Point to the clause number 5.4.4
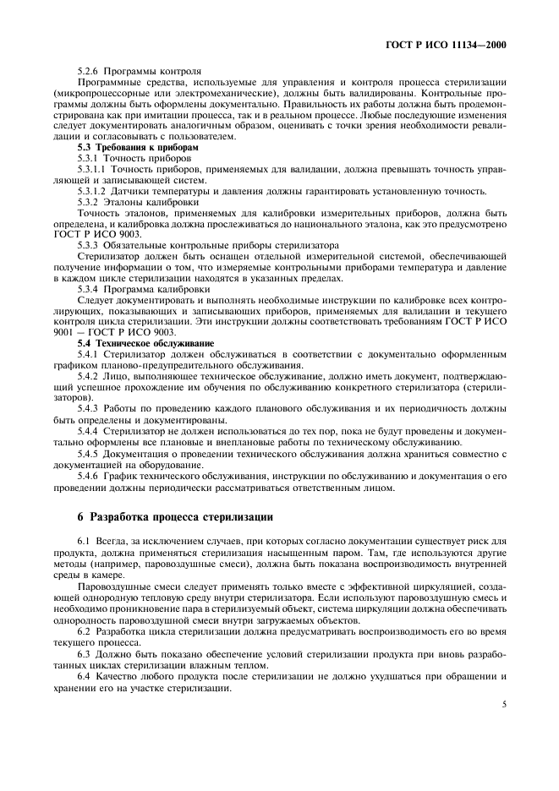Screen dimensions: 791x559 click(x=88, y=430)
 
